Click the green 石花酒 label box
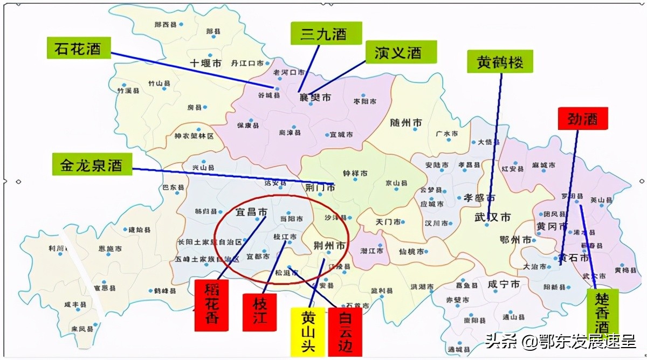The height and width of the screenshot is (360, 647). click(x=79, y=49)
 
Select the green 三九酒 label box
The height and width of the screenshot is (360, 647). click(x=318, y=33)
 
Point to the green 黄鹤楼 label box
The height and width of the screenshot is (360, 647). click(x=500, y=62)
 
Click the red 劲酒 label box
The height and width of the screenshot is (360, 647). click(x=583, y=119)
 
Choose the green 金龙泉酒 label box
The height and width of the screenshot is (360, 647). click(x=92, y=164)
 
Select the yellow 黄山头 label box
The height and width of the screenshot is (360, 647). click(x=308, y=331)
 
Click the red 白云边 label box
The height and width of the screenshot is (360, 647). click(x=345, y=331)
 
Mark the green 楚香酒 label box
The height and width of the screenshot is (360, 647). click(x=602, y=313)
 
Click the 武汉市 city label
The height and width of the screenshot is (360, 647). click(x=492, y=217)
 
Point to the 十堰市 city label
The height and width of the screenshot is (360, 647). click(x=205, y=63)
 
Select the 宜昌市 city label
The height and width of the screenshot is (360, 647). click(x=251, y=212)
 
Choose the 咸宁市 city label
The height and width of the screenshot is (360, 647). click(x=504, y=283)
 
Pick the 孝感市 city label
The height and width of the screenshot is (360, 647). click(x=477, y=198)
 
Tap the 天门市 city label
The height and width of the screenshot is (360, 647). click(x=389, y=222)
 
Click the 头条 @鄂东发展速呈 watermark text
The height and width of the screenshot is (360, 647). click(x=561, y=341)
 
